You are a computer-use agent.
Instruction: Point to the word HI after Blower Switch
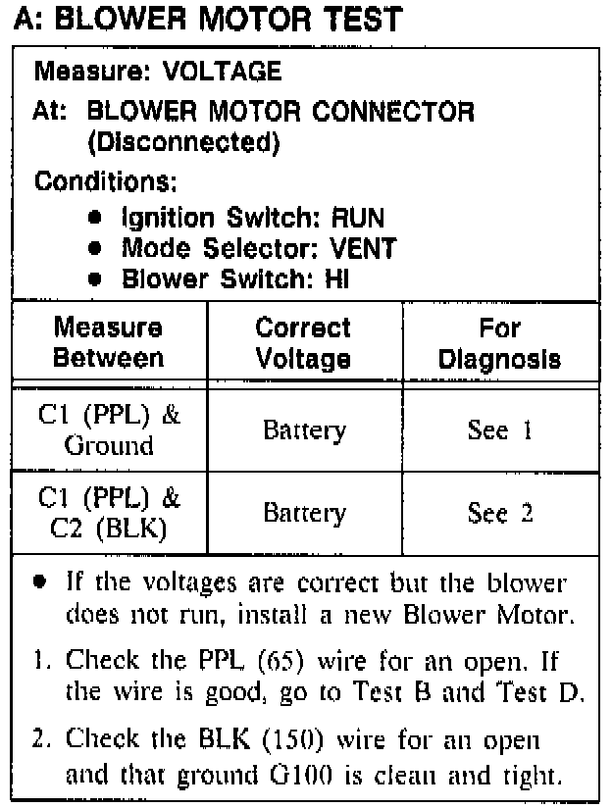[x=335, y=279]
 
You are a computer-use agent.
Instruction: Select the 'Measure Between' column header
[x=108, y=342]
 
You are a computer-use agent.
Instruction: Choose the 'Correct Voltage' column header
[x=303, y=342]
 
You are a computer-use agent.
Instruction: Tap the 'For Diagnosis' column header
[x=499, y=342]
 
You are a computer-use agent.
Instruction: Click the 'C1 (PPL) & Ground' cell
[x=108, y=430]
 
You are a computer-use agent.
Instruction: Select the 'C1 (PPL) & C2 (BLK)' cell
[x=108, y=513]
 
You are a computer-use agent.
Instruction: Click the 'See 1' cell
[x=500, y=430]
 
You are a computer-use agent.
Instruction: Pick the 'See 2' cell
[x=500, y=513]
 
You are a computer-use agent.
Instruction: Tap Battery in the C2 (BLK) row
[x=304, y=513]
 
